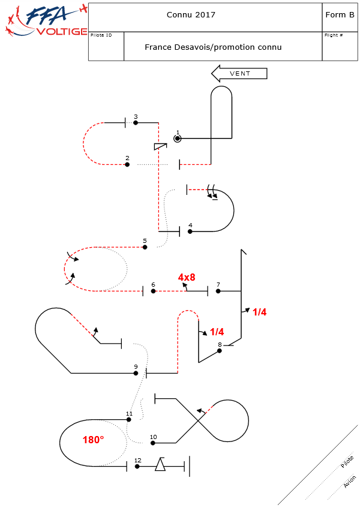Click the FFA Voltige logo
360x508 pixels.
pos(45,21)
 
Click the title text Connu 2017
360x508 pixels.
pos(191,15)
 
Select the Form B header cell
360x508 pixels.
pos(340,15)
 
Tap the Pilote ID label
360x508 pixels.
pos(101,35)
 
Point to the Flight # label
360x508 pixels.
pos(334,35)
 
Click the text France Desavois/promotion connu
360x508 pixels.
pos(213,47)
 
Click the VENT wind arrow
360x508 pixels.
pos(239,73)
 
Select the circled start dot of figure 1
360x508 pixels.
pos(178,139)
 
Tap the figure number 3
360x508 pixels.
pos(136,116)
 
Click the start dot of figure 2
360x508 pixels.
pos(127,164)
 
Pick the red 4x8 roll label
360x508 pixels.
pos(187,278)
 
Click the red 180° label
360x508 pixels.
pos(93,440)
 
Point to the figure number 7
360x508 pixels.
pos(218,284)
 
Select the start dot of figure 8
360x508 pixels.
pos(220,351)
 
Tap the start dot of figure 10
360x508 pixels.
pos(153,443)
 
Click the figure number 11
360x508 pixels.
pos(129,413)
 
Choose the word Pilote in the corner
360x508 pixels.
pos(347,462)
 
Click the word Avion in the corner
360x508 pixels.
pos(350,481)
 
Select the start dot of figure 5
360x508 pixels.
pos(145,247)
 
